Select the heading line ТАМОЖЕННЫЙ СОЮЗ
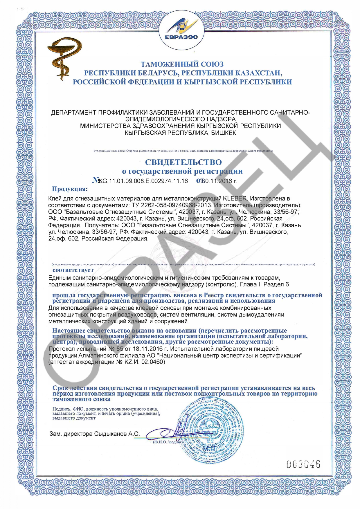(182, 64)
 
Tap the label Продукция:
(69, 189)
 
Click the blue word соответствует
(73, 270)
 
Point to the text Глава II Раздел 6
(264, 284)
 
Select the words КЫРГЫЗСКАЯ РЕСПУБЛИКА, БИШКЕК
(180, 133)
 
